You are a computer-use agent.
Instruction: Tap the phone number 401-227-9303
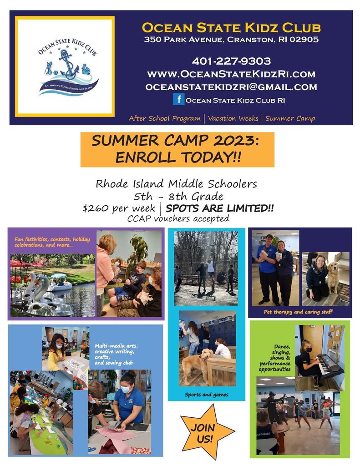point(231,61)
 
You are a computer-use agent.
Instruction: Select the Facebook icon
point(179,99)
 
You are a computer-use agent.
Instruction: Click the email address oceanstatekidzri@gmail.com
point(231,87)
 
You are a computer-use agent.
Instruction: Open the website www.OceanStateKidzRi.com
point(231,74)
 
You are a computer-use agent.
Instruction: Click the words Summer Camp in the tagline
point(290,118)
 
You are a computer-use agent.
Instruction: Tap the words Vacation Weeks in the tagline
point(233,118)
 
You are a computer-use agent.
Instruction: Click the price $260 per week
point(119,208)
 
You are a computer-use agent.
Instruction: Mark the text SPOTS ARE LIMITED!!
point(220,208)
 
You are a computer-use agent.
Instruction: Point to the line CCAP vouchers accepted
point(178,219)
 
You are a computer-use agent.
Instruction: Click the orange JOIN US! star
point(205,432)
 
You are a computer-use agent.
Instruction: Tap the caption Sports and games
point(207,395)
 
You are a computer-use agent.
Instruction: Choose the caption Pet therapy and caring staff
point(298,312)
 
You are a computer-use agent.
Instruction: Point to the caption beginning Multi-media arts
point(116,354)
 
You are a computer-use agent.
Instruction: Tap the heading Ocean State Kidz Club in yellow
point(231,28)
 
